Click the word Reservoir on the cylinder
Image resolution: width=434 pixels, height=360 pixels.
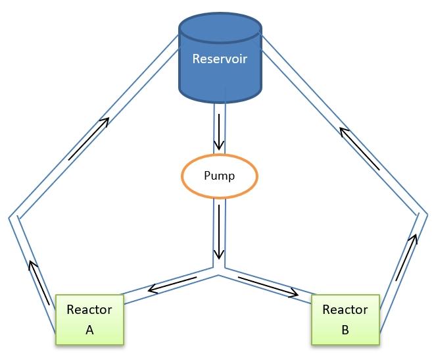(219, 59)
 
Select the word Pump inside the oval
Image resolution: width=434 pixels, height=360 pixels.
(219, 176)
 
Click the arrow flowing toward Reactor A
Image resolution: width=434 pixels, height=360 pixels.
(172, 284)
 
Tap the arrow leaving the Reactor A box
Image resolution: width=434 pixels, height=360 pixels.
(39, 283)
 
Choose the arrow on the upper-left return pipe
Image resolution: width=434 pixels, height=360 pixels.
(87, 139)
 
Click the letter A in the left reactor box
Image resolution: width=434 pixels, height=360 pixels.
(89, 330)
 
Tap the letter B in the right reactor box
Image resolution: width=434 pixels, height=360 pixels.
(345, 330)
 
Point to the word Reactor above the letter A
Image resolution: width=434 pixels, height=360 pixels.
(89, 310)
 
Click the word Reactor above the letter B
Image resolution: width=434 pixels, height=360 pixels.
(345, 310)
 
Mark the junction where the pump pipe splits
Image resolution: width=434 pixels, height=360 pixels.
(219, 270)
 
